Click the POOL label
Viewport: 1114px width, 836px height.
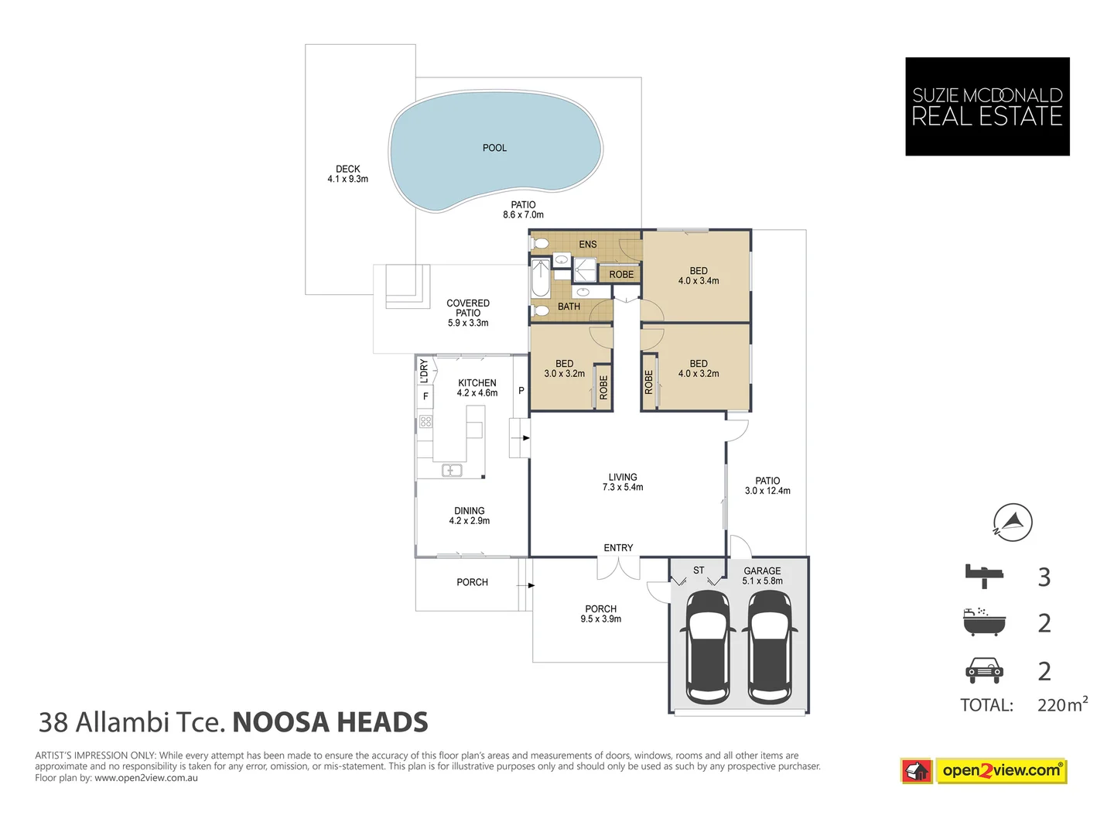494,148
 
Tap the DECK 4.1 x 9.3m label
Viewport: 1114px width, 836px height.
347,173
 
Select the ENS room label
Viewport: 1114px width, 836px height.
587,244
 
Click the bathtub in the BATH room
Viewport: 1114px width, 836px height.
541,278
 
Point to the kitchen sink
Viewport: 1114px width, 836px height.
451,470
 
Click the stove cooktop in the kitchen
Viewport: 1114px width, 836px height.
425,421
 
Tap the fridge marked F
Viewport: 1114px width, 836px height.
425,396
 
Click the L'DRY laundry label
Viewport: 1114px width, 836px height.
424,371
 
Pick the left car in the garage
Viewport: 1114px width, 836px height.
708,647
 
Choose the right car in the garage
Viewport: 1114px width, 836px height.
770,647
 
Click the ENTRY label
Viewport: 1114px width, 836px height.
617,548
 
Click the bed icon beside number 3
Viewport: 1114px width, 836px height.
983,576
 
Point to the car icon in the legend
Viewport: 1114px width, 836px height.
983,670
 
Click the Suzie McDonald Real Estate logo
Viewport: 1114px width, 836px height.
986,107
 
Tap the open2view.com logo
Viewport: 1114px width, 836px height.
983,771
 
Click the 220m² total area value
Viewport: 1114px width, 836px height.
1062,704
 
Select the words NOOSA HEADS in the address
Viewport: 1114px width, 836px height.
330,722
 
